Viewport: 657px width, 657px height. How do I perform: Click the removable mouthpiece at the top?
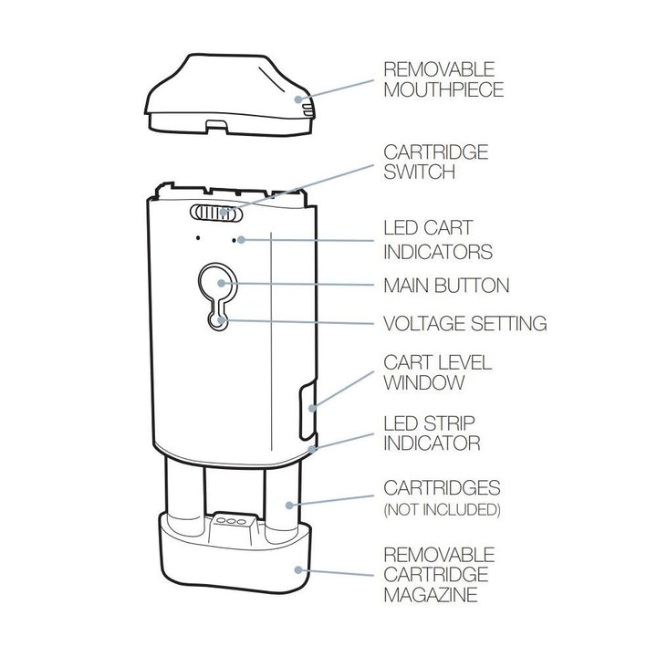(228, 96)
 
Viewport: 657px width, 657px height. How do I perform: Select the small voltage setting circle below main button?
(217, 319)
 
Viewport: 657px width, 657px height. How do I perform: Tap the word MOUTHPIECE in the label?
(443, 90)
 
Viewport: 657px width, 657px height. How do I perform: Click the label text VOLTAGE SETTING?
(464, 323)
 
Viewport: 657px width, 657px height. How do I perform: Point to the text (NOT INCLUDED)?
(443, 508)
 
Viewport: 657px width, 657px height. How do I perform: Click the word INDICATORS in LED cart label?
(437, 251)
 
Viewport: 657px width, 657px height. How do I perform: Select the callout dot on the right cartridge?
(288, 503)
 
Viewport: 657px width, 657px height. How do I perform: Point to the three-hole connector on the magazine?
(229, 523)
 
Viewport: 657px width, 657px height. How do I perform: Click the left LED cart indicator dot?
(198, 240)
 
